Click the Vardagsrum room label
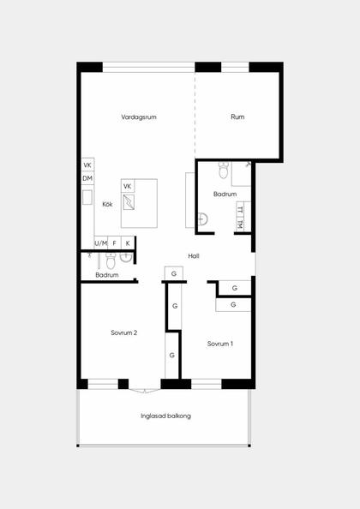click(139, 117)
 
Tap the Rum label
click(237, 117)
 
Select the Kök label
click(107, 204)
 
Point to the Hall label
click(194, 256)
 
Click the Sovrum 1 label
click(220, 344)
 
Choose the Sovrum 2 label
click(124, 332)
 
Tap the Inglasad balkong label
click(165, 416)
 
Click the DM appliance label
click(87, 178)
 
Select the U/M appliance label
click(101, 243)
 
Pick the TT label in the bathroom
click(240, 210)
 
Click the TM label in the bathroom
click(240, 224)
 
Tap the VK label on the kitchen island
click(128, 186)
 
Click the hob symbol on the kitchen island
click(129, 202)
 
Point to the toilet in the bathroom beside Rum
click(224, 171)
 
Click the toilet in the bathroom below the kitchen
click(111, 261)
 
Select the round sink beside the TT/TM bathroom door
click(202, 219)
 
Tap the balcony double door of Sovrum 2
click(145, 391)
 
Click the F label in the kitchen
click(115, 243)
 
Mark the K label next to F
click(128, 243)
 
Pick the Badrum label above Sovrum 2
click(107, 275)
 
